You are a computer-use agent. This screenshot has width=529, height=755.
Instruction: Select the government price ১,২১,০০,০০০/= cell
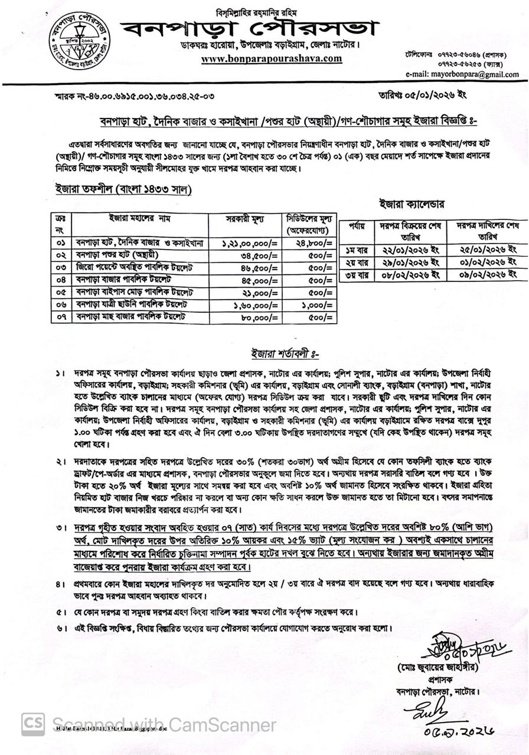[x=250, y=243]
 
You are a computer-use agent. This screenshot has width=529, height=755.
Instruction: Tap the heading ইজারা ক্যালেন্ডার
[x=412, y=203]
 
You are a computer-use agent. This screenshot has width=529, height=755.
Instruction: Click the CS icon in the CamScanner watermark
[x=33, y=724]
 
